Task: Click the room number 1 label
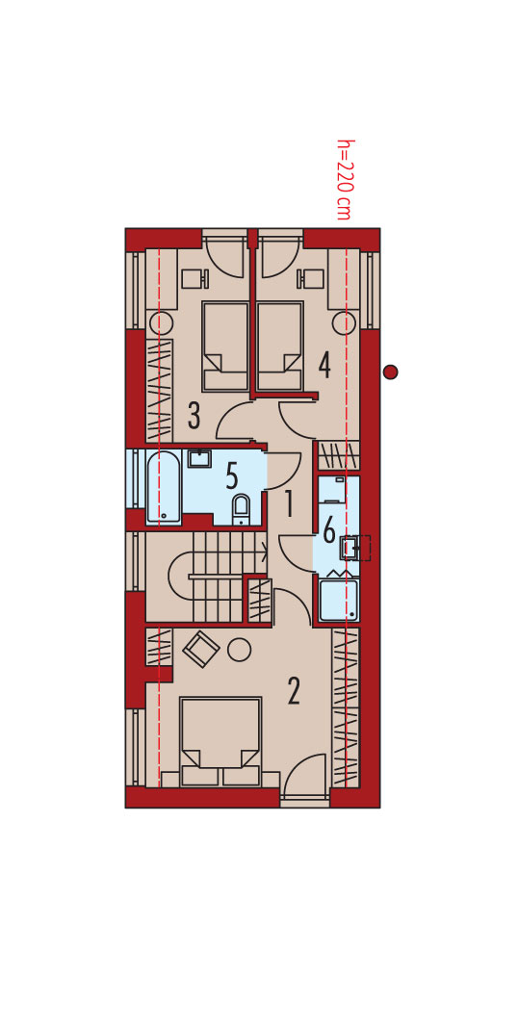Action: coord(288,504)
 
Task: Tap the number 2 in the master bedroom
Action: coord(293,691)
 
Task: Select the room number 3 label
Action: coord(194,415)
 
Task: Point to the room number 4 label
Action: coord(324,365)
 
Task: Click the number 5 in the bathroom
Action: coord(232,476)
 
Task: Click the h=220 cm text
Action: coord(344,179)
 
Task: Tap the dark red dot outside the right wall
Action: coord(390,372)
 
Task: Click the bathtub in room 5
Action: coord(163,487)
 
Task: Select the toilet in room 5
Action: coord(241,509)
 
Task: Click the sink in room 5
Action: coord(199,458)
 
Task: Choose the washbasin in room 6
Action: coord(350,548)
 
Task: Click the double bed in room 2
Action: coord(220,741)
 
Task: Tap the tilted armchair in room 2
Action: coord(201,649)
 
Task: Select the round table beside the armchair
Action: coord(239,649)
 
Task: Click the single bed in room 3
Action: coord(224,347)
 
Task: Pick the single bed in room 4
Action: coord(279,347)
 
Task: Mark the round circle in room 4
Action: coord(344,322)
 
